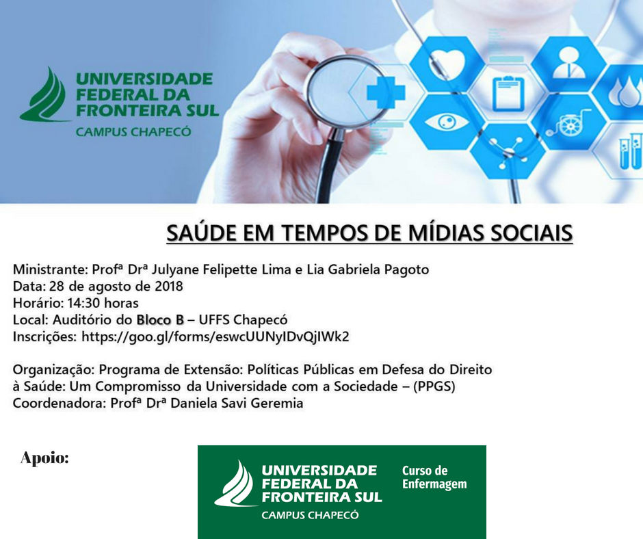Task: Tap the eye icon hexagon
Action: pos(447,122)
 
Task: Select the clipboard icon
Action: pos(508,93)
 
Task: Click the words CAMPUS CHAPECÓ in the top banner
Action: pos(133,132)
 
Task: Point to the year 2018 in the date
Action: pos(168,286)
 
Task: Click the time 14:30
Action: pos(83,303)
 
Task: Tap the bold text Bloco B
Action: pos(160,319)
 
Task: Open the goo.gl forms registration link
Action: pos(215,337)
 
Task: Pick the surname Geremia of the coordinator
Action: pos(277,404)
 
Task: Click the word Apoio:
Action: pos(44,458)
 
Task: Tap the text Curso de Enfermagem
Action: pos(434,477)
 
